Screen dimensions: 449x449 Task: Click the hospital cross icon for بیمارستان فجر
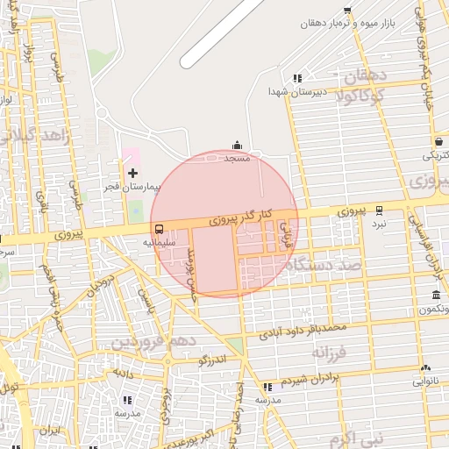click(132, 173)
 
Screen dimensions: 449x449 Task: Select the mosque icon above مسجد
click(237, 146)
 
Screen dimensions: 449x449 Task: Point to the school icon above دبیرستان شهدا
click(298, 78)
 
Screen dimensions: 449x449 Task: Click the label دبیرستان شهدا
click(298, 91)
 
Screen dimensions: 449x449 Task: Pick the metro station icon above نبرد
click(379, 210)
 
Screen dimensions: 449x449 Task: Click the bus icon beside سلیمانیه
click(158, 230)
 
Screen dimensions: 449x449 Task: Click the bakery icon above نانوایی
click(425, 368)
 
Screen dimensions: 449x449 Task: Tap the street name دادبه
click(121, 372)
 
